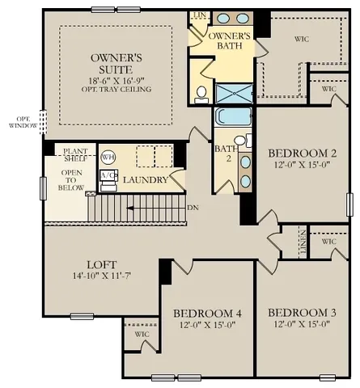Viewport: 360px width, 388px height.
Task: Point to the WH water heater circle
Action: (108, 157)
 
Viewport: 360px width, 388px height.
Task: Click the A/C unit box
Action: (107, 175)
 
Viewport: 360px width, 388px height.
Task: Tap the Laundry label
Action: (145, 179)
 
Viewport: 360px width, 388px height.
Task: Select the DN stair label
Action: (193, 207)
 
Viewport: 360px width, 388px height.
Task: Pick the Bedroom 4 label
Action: (207, 314)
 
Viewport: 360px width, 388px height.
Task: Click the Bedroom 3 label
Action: (299, 314)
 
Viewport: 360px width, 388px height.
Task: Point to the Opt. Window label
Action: (23, 121)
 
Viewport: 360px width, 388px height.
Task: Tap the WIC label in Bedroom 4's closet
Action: (142, 334)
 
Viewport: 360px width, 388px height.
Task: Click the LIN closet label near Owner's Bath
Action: (198, 15)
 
